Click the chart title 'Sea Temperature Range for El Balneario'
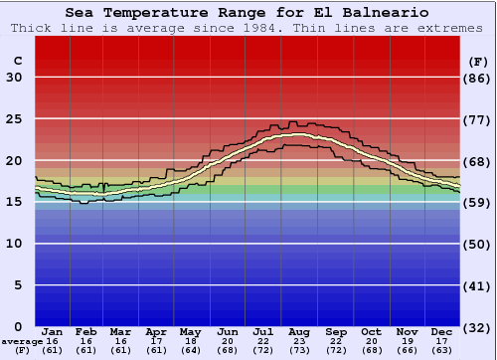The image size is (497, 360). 248,13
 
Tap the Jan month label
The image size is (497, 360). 53,331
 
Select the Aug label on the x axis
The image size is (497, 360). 299,331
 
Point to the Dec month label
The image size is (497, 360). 442,331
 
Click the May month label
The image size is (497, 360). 190,331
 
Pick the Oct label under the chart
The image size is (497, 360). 371,331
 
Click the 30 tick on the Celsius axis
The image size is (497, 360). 14,78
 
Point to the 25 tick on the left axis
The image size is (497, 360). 14,119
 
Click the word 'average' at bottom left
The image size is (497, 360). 22,341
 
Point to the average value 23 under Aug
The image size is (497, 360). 299,341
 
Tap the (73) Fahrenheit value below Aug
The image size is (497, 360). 299,351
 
